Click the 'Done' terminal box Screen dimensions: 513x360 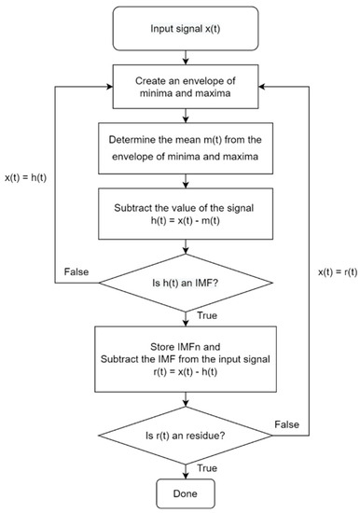click(x=190, y=491)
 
